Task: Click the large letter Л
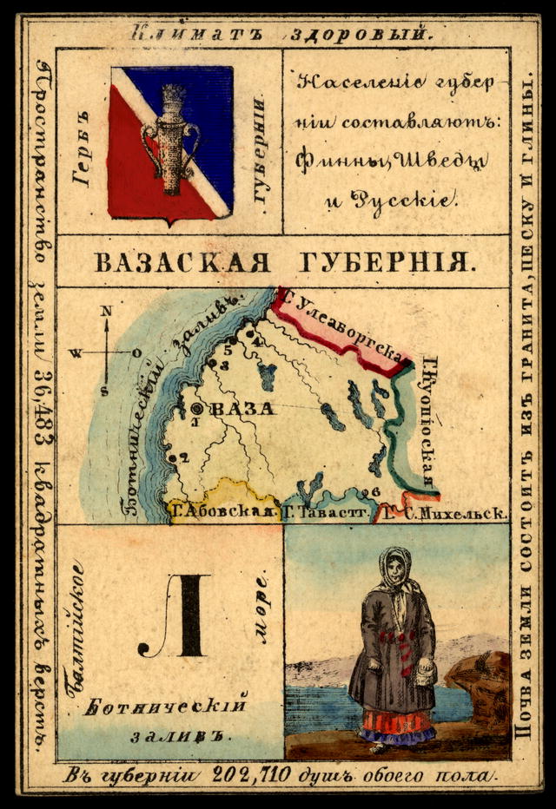point(184,618)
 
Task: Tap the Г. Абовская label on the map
point(222,512)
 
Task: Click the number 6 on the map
point(375,492)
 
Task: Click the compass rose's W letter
point(76,353)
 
